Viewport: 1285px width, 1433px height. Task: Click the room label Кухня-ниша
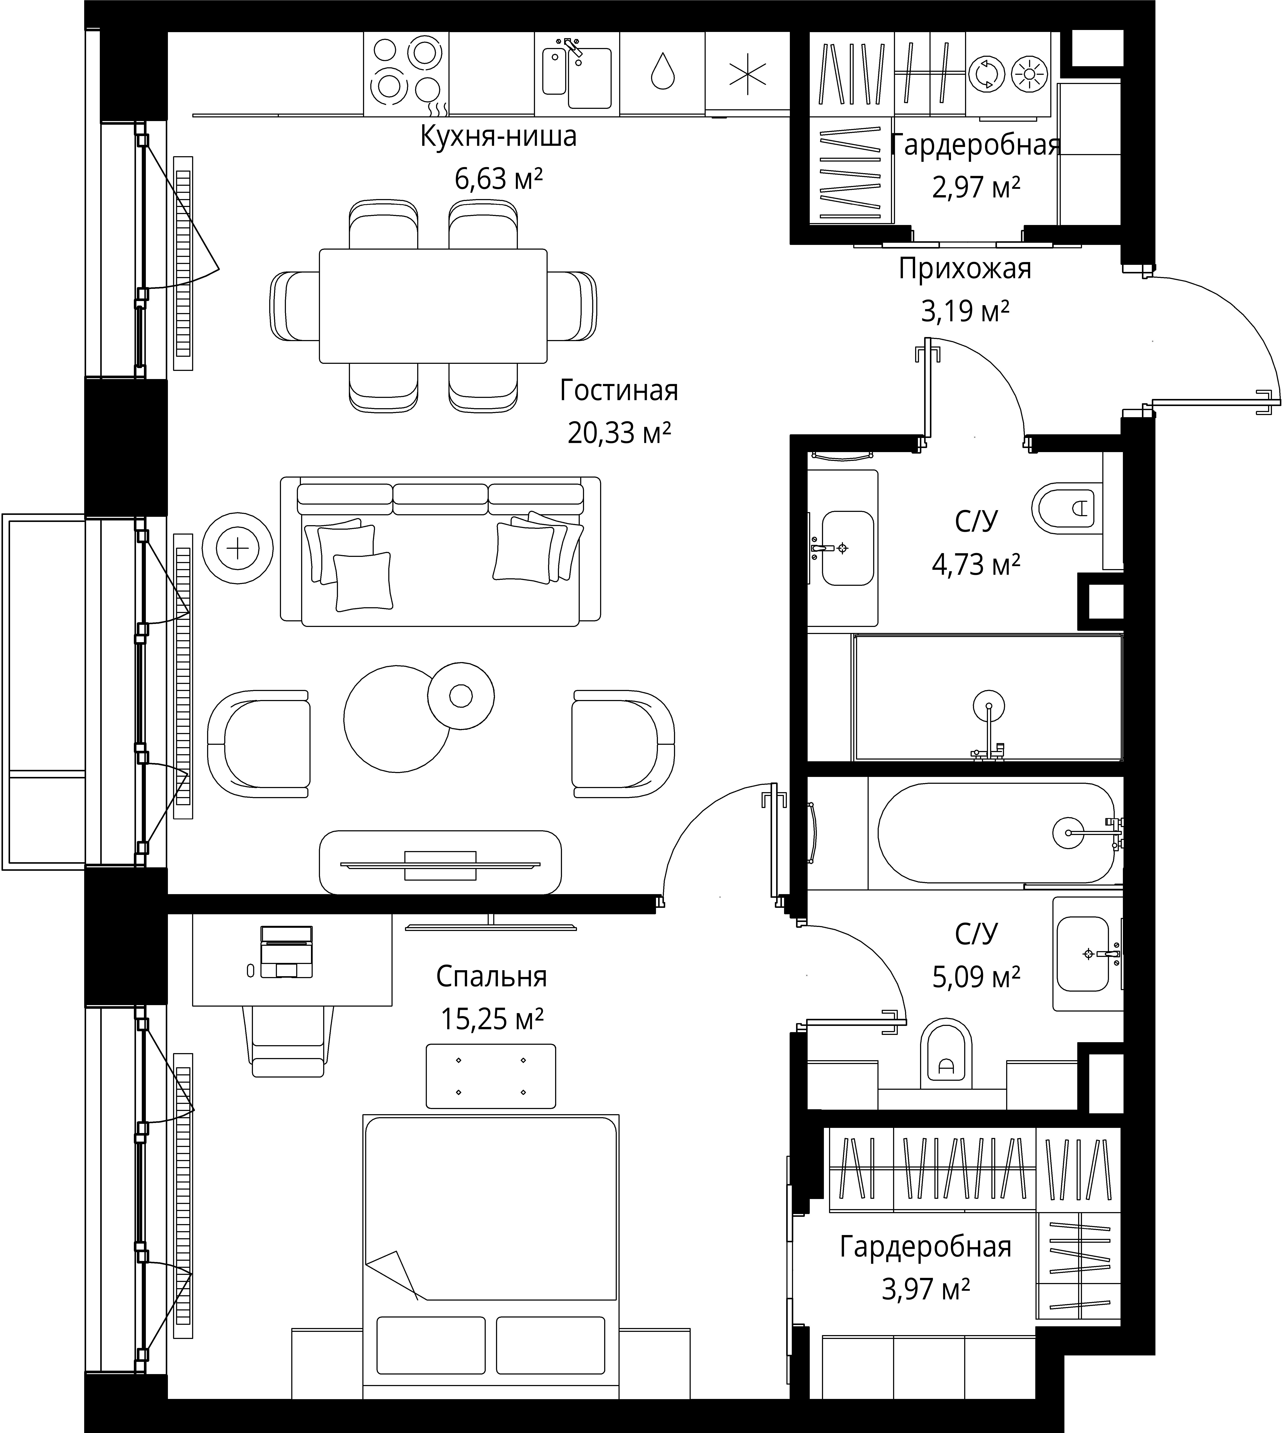click(498, 136)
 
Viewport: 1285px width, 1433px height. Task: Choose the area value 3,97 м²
click(926, 1290)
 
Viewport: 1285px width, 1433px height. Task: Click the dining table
click(433, 306)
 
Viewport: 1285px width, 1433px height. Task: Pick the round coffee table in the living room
click(397, 718)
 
